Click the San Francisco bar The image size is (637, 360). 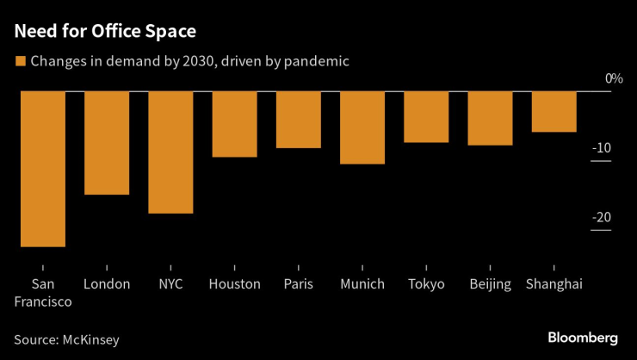coord(43,169)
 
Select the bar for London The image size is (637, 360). coord(107,143)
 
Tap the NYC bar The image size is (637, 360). coord(170,152)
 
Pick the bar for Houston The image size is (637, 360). coord(234,124)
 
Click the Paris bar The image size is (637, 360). coord(298,120)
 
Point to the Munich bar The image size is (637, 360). coord(362,127)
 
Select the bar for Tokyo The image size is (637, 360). coord(426,117)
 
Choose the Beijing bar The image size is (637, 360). coord(490,118)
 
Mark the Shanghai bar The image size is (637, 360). coord(554,112)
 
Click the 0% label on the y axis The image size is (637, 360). coord(613,79)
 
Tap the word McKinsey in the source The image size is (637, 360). coord(90,339)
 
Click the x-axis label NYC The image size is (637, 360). coord(170,284)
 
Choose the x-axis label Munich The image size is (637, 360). coord(362,284)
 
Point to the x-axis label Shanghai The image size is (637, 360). coord(554,284)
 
